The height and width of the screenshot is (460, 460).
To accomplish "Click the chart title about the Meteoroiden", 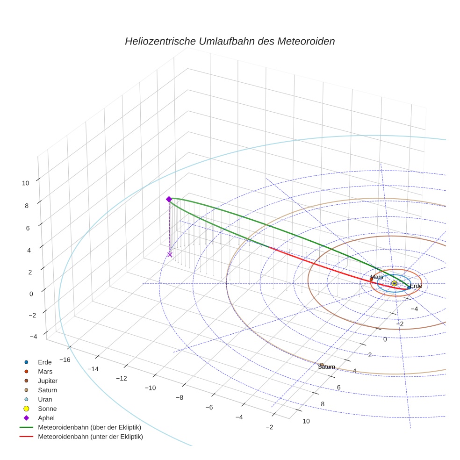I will [230, 41].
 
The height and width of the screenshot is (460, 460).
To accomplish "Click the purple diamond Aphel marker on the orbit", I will [169, 199].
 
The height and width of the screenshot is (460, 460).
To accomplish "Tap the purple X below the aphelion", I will [170, 254].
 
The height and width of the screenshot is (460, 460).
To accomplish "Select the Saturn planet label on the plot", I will [326, 367].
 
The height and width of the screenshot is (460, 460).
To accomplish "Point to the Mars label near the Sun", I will [376, 277].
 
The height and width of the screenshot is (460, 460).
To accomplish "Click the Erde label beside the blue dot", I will [416, 286].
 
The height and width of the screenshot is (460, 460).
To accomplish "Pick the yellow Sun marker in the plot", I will [394, 283].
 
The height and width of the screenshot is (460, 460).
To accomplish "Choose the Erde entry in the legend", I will [45, 362].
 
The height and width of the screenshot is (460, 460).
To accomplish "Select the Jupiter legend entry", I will [48, 381].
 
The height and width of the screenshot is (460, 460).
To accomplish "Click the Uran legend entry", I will [45, 400].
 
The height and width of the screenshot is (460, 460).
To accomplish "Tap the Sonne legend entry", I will [47, 409].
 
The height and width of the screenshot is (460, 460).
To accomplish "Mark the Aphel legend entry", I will [46, 418].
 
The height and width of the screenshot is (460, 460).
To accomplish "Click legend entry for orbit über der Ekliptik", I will [89, 428].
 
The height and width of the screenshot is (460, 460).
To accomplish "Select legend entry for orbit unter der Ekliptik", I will [90, 437].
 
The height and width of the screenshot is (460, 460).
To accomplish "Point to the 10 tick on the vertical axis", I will [25, 183].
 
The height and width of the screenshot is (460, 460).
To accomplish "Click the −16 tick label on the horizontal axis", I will [64, 359].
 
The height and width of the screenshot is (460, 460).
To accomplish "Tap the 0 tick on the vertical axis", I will [31, 294].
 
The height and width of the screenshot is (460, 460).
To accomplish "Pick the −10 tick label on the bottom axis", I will [150, 388].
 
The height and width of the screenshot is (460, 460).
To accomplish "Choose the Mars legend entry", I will [45, 372].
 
